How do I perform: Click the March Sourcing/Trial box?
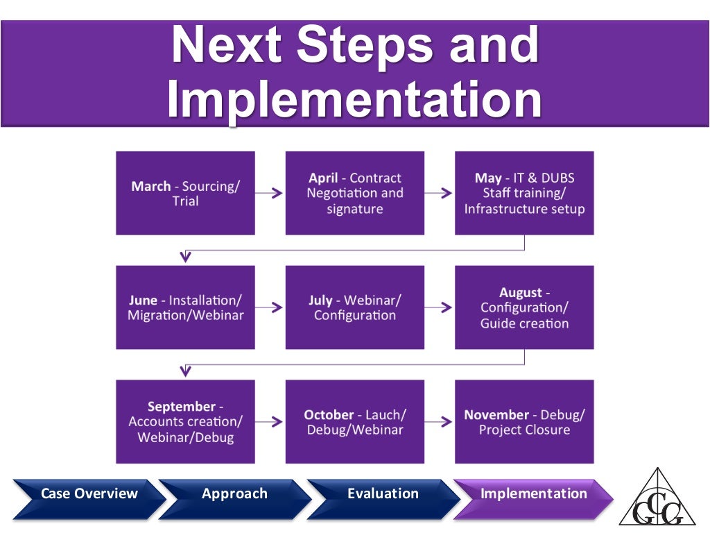click(x=185, y=193)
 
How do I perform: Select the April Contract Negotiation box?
click(x=354, y=193)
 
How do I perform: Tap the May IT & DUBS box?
click(x=524, y=193)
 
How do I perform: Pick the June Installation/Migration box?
click(x=185, y=307)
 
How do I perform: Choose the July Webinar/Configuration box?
click(x=354, y=307)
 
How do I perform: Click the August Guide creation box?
click(x=524, y=307)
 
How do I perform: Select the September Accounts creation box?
click(x=185, y=421)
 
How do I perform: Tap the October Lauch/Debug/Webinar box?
click(x=354, y=421)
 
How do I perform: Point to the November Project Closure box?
click(x=524, y=421)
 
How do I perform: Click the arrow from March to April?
click(x=270, y=194)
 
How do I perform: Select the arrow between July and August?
click(x=439, y=307)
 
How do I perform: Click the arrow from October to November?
click(x=439, y=421)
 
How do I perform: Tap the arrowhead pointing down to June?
click(x=185, y=257)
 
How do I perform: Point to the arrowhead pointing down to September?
click(x=185, y=371)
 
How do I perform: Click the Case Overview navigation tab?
click(x=89, y=494)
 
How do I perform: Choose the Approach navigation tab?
click(x=234, y=494)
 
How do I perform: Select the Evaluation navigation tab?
click(x=383, y=494)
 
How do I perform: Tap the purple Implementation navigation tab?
click(x=533, y=494)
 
